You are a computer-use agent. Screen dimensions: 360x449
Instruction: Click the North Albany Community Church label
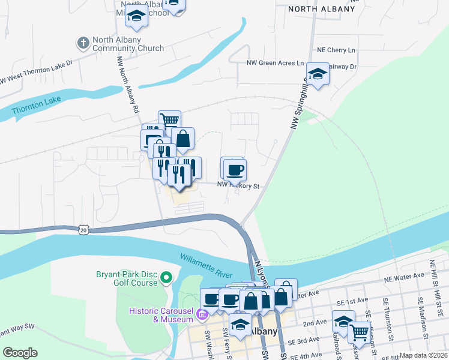[128, 44]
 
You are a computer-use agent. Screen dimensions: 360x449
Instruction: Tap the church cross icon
[83, 43]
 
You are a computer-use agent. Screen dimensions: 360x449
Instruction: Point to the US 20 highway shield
[83, 229]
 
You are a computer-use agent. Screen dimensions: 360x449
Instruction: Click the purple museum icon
[202, 314]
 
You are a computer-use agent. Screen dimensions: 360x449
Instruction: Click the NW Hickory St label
[238, 186]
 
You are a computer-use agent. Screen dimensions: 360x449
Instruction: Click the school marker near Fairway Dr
[317, 74]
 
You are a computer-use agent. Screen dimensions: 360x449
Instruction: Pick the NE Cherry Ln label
[336, 50]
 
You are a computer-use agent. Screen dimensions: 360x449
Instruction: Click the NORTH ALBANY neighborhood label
[321, 9]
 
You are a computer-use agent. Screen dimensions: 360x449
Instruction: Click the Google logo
[20, 353]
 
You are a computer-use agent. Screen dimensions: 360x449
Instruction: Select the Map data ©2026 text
[423, 355]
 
